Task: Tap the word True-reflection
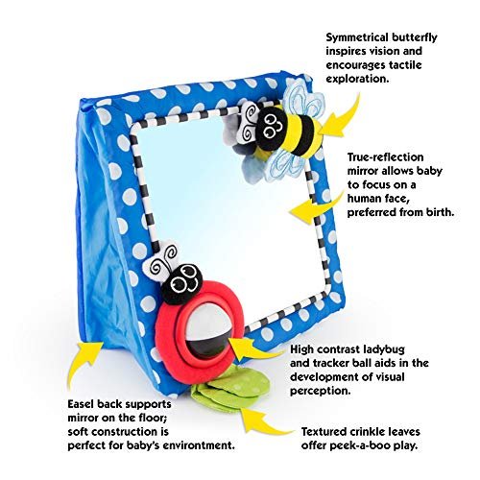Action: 386,157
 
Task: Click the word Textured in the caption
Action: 324,432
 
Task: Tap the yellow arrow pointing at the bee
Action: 339,119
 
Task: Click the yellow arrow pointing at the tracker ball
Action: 256,349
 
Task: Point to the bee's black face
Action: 272,128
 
